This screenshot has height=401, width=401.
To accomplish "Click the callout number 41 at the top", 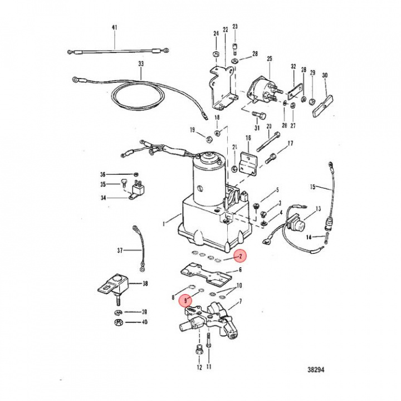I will (115, 28).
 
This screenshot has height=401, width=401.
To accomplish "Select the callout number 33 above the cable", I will (140, 65).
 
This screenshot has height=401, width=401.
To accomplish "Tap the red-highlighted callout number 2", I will (239, 256).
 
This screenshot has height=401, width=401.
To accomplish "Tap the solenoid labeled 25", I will (260, 88).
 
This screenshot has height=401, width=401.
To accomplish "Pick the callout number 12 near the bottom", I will (198, 368).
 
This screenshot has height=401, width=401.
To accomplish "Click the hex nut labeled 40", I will (119, 322).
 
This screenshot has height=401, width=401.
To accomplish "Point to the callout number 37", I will (119, 251).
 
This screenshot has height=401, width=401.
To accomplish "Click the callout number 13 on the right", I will (318, 209).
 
